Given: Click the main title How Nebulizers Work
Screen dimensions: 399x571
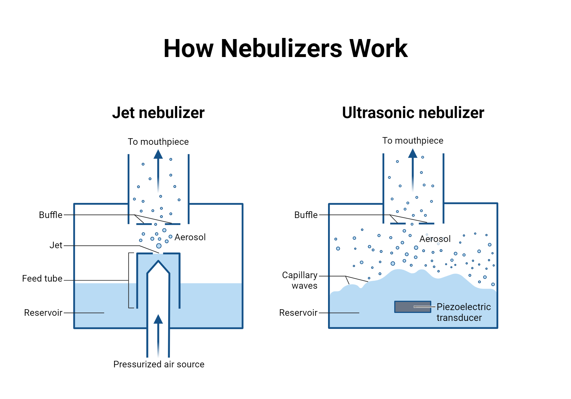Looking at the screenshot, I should point(285,48).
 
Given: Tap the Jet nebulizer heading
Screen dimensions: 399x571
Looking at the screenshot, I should point(158,113).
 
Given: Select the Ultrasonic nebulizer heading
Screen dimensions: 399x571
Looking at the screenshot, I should point(413,113).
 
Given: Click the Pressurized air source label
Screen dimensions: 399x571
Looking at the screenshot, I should point(159,364).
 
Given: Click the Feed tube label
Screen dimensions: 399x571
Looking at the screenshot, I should point(42,278).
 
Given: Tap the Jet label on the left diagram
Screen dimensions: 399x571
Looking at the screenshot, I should point(56,245).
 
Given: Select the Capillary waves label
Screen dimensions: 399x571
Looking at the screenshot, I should point(300,280).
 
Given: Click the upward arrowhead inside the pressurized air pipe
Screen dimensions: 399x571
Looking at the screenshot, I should point(158,319).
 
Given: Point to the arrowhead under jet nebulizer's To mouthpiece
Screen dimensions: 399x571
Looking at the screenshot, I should point(158,154).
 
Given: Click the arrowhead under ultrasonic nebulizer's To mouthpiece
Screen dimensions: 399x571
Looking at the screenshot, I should point(413,154).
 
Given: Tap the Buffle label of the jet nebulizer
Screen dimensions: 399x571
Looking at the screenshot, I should point(51,215).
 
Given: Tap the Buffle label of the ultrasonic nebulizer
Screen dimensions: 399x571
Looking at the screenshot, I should point(306,215).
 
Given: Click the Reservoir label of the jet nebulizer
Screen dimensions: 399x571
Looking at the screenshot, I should point(43,313).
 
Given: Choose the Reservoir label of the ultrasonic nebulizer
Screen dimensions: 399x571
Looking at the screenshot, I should point(298,313).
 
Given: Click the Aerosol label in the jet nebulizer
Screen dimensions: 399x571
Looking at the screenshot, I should point(190,237).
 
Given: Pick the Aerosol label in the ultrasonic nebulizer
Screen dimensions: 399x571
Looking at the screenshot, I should point(435,239).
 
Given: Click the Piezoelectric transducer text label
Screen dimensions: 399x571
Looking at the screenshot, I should point(463,312).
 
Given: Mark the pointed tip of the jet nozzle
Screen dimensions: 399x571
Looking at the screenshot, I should point(158,261).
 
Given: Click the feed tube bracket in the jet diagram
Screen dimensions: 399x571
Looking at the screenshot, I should point(129,280).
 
